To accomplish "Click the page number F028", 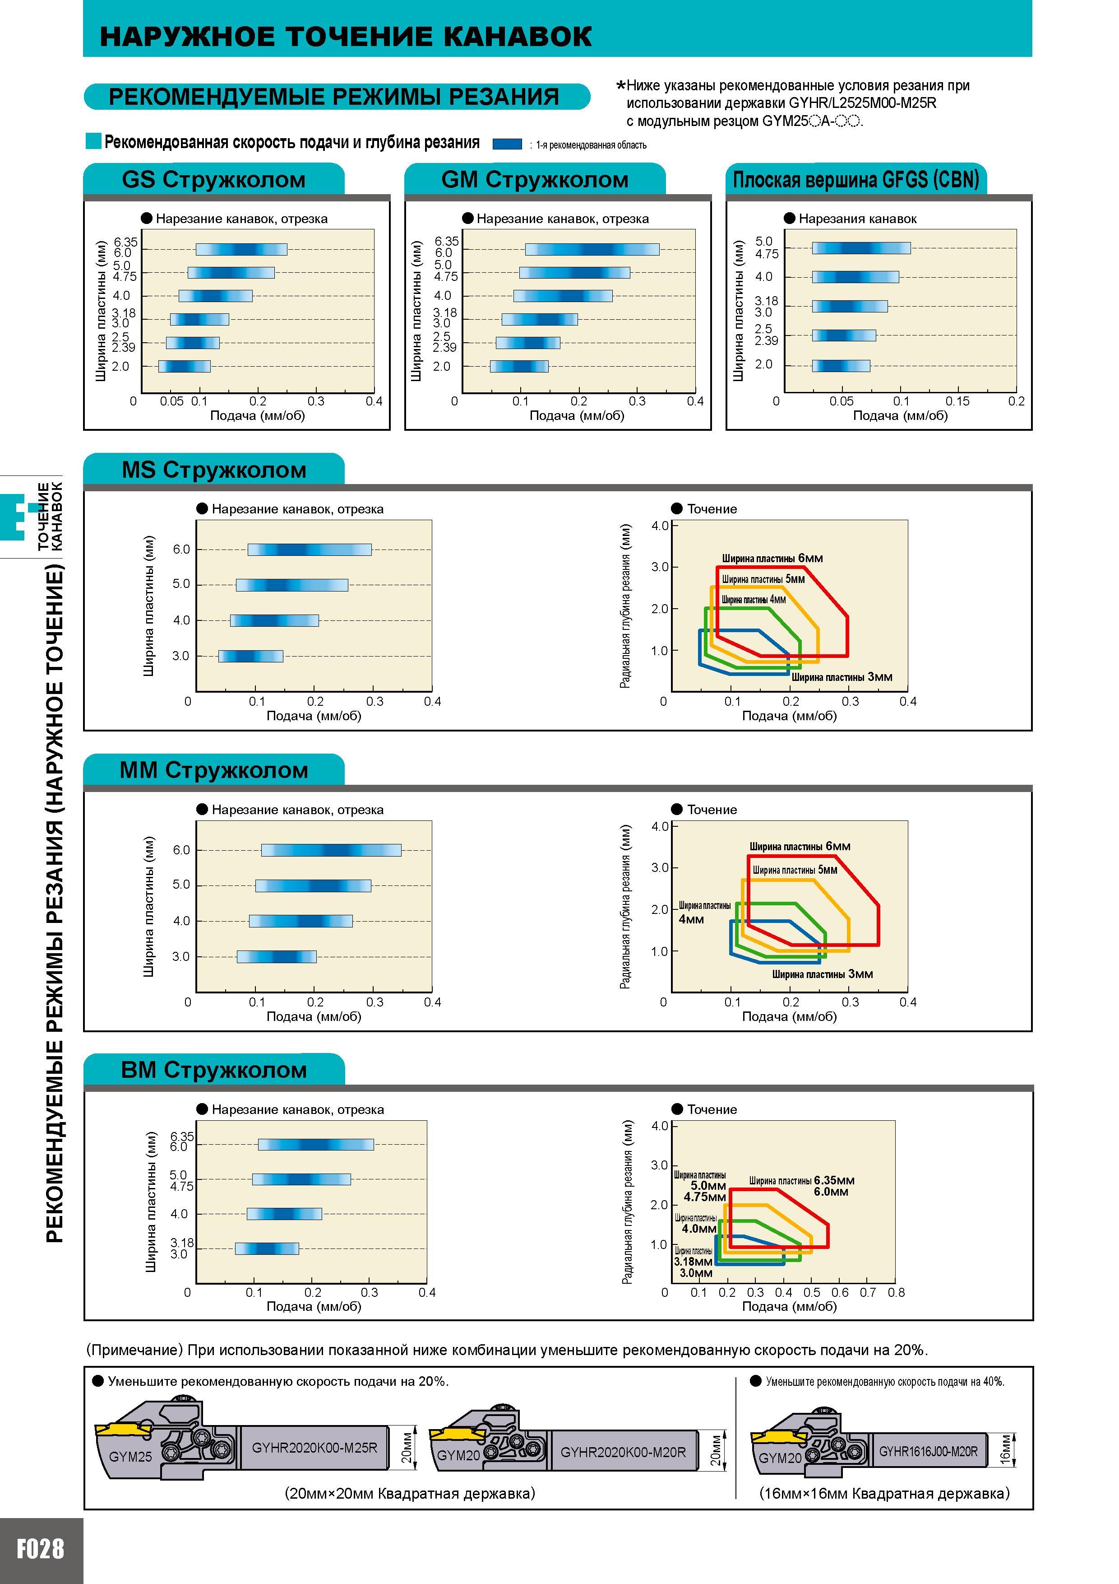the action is (40, 1549).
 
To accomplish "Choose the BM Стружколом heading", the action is (214, 1070).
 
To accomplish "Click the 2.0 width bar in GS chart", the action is (184, 366).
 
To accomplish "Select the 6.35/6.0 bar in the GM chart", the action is (592, 249).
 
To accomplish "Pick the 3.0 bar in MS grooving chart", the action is (250, 656).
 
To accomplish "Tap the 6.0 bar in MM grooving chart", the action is (331, 850).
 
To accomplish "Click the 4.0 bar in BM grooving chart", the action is (284, 1214).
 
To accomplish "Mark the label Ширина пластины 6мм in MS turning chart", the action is (772, 558).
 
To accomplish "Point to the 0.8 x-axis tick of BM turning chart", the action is (896, 1292).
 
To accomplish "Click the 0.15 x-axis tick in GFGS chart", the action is (957, 401).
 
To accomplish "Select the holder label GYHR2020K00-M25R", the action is (314, 1447).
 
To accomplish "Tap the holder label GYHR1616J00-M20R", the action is (928, 1452).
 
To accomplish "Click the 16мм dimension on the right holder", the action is (1005, 1451).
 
